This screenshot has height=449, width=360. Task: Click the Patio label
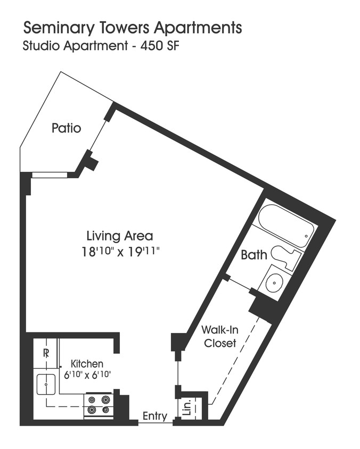pos(67,128)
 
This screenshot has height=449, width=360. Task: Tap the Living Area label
pos(120,236)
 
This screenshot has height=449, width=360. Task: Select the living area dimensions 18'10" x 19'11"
pos(120,252)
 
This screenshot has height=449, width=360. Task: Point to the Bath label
pos(254,255)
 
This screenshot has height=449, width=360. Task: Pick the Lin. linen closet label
pos(186,409)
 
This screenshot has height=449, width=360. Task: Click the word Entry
pos(155,417)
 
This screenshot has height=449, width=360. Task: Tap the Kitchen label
pos(87,364)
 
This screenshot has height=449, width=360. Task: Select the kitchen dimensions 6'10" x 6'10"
pos(87,375)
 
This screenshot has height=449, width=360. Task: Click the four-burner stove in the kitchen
pos(99,404)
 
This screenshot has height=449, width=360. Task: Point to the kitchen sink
pos(46,383)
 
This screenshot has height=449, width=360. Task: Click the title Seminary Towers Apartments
pos(132,27)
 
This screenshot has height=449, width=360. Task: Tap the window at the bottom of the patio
pos(50,174)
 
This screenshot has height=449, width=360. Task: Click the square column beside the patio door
pos(91,163)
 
